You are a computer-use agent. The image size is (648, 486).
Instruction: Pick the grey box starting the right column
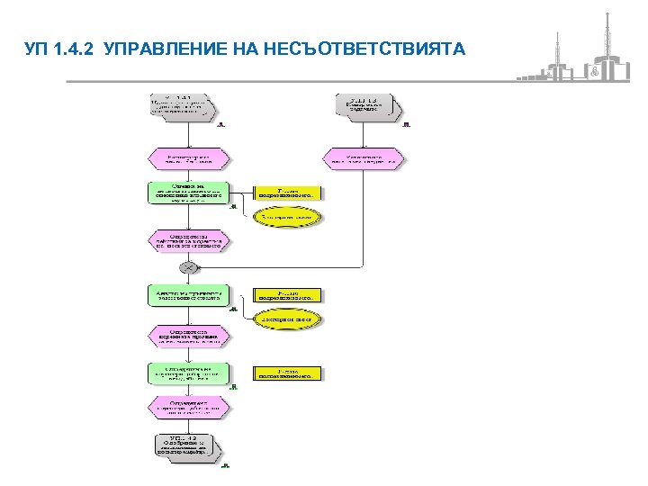click(364, 105)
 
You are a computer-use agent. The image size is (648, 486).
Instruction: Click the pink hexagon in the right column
click(364, 159)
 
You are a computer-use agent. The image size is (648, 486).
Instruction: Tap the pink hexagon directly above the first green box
click(188, 159)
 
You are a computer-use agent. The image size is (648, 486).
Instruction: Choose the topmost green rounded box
click(188, 193)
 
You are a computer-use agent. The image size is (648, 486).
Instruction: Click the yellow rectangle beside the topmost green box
click(287, 193)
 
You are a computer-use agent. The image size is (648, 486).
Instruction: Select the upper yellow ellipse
click(287, 218)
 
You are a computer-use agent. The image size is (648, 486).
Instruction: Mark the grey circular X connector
click(189, 267)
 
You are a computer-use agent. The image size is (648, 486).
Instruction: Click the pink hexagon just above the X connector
click(188, 240)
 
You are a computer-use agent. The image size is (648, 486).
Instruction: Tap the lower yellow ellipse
click(287, 319)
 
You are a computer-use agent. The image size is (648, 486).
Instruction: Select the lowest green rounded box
click(188, 373)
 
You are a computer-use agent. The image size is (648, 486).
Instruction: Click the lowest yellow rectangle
click(287, 373)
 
